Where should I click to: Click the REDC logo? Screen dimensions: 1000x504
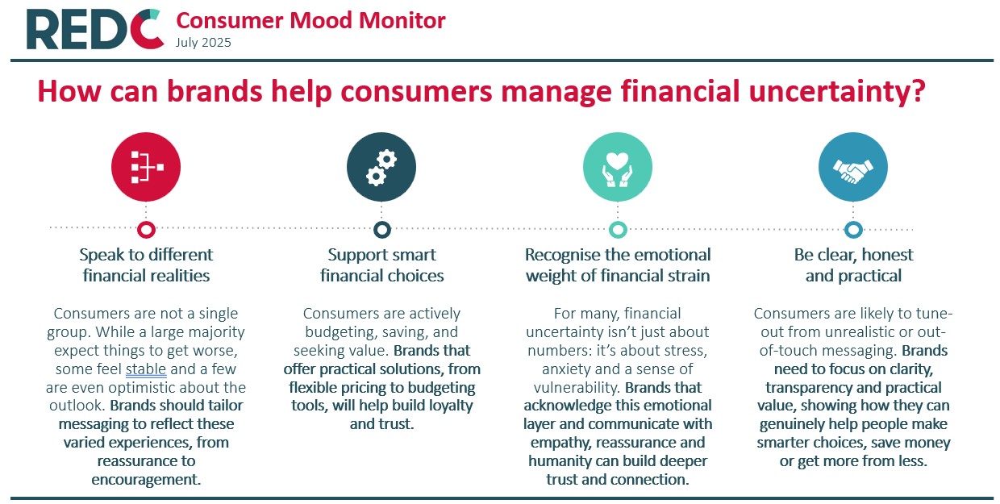coord(95,28)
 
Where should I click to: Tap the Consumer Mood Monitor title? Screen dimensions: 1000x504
coord(310,20)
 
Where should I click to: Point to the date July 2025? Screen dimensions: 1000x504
coord(203,43)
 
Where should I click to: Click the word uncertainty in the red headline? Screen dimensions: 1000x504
coord(837,92)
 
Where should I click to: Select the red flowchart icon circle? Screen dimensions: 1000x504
coord(146,167)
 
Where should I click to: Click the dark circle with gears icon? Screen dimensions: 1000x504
coord(381,167)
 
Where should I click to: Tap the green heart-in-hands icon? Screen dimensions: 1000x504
coord(618,167)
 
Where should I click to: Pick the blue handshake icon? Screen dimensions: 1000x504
coord(853,167)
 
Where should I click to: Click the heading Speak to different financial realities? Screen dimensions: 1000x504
coord(146,265)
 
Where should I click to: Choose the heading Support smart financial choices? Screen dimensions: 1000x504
coord(381,265)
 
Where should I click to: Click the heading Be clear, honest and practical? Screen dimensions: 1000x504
coord(853,265)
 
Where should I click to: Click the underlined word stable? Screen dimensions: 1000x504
coord(146,369)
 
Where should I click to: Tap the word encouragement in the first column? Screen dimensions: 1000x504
coord(146,480)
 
